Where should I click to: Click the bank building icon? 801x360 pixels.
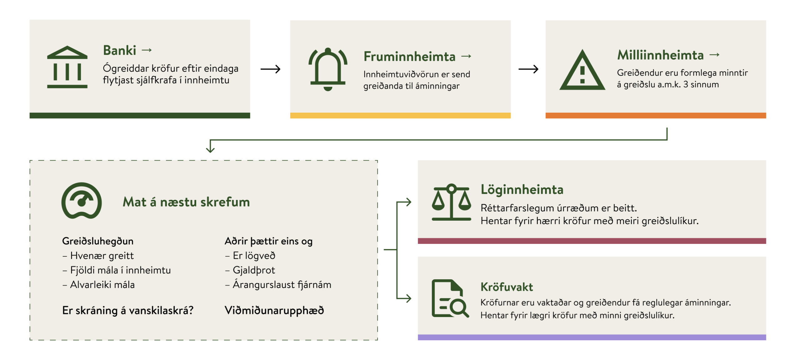[x=67, y=67]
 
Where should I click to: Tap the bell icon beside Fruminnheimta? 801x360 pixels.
[x=328, y=69]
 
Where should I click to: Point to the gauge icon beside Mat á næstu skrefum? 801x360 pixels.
[x=82, y=201]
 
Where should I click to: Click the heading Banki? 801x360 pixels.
[x=120, y=50]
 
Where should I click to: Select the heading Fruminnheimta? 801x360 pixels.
[x=409, y=57]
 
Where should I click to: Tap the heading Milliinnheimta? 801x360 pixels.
[x=660, y=55]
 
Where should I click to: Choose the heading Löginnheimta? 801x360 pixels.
[x=522, y=190]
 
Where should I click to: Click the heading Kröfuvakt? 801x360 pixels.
[x=507, y=287]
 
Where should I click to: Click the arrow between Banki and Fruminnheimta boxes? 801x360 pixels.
[x=271, y=69]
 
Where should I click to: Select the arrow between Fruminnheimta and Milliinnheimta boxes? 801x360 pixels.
[x=528, y=69]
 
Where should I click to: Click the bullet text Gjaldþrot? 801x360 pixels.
[x=253, y=270]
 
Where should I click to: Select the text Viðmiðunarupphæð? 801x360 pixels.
[x=274, y=310]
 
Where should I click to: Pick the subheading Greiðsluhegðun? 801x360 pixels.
[x=98, y=241]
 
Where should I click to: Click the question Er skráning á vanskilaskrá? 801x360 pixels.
[x=128, y=310]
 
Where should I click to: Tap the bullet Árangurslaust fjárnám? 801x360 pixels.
[x=282, y=285]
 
